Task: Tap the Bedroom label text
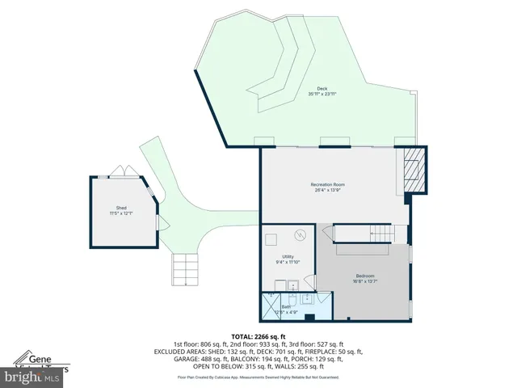point(364,276)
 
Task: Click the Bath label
point(286,306)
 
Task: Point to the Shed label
point(121,208)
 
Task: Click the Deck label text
point(322,89)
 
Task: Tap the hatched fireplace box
point(413,170)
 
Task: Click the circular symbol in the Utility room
point(301,235)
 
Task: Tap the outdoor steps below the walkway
point(184,269)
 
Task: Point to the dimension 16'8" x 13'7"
point(364,281)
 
